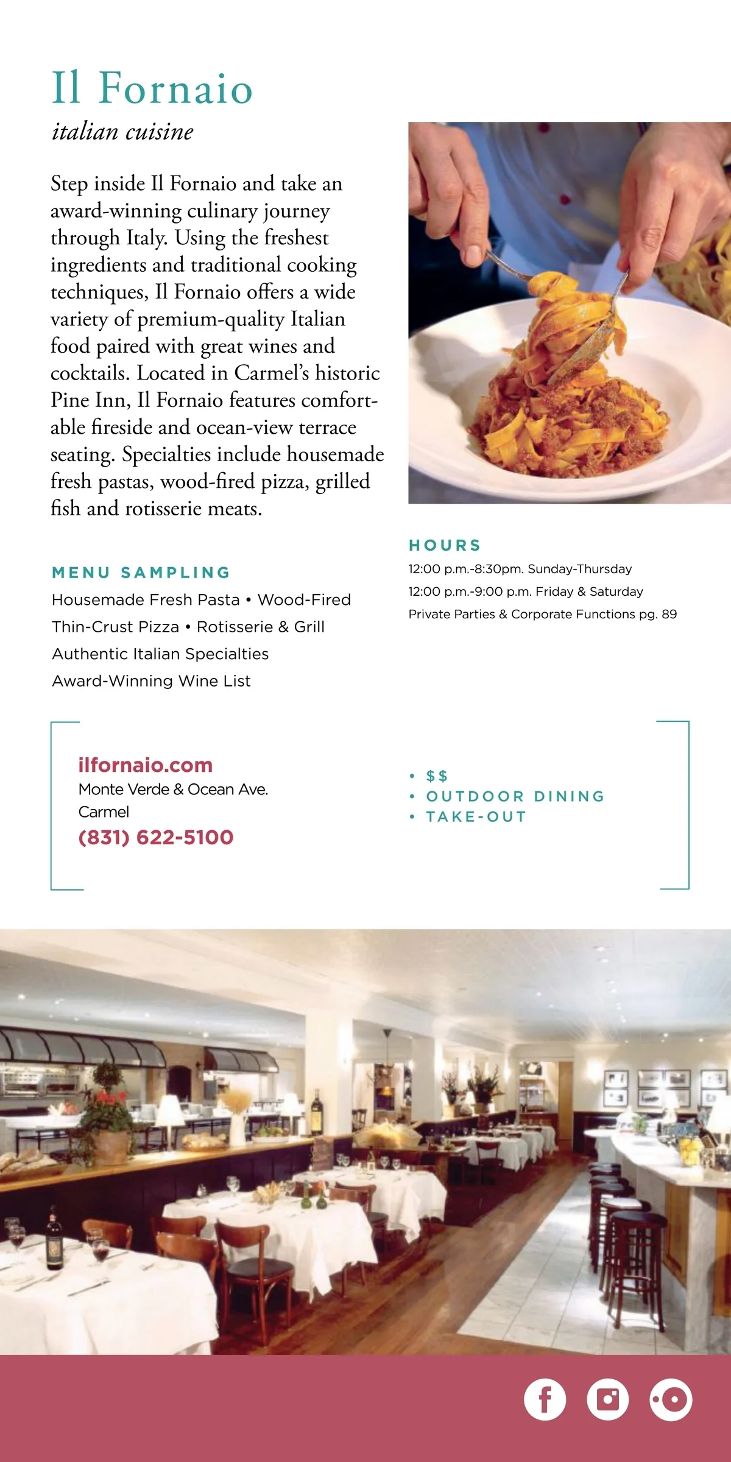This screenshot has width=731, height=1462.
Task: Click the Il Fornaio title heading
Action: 152,88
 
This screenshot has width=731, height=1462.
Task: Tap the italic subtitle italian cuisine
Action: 122,132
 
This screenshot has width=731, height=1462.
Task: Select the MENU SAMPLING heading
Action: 141,573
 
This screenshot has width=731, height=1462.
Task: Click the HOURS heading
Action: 445,545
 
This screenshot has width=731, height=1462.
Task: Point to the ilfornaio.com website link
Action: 146,765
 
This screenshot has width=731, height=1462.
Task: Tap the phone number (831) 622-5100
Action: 156,837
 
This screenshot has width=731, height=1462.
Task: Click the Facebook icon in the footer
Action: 545,1399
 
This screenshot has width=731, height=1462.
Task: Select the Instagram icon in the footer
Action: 607,1399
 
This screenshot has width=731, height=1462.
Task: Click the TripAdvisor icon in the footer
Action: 671,1399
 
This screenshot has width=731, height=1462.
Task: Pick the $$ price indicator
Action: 437,776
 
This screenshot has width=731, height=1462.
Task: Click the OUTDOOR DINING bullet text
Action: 515,796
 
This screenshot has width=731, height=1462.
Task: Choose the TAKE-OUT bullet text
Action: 476,816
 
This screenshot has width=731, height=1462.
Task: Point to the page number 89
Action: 669,614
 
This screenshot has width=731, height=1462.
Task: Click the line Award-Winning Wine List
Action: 151,681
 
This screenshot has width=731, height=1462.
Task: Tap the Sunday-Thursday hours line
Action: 520,569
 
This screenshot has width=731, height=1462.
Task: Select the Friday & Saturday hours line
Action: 525,592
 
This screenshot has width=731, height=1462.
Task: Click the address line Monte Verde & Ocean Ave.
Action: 173,789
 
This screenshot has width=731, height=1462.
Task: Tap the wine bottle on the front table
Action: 55,1240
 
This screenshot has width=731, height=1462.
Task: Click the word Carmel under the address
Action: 104,812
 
